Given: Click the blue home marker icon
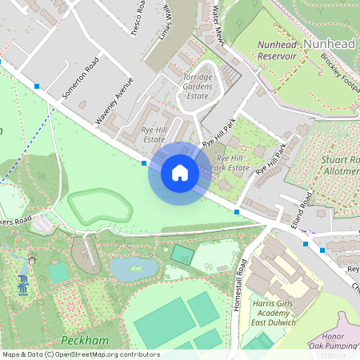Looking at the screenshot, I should tap(180, 173).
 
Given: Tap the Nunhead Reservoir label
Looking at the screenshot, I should tap(277, 50).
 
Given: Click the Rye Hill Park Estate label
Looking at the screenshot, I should tap(230, 163).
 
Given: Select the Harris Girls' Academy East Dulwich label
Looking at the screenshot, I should tap(271, 313).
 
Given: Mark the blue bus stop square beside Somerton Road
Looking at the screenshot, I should tap(37, 85).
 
